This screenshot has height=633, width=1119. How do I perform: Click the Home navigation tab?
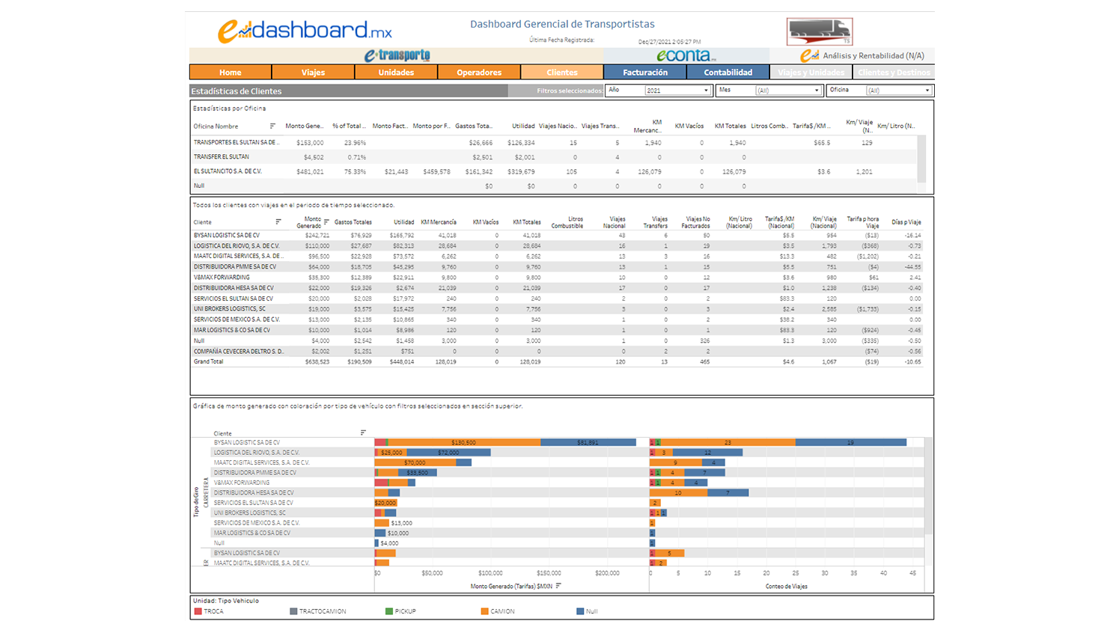pos(230,73)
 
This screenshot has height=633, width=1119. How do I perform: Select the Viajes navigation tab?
pos(313,73)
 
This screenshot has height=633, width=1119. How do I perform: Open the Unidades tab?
pos(396,73)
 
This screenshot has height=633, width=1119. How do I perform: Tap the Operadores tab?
pos(479,73)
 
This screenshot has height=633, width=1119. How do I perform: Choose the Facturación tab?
pos(644,73)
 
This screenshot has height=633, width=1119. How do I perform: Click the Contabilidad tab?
pos(728,73)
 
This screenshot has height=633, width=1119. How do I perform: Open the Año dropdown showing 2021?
pos(677,91)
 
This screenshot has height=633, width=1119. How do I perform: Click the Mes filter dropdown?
pos(787,91)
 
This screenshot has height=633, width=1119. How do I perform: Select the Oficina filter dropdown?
pos(898,91)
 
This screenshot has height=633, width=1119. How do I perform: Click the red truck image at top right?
pos(820,31)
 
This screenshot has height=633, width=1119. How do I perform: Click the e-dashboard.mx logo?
pos(305,31)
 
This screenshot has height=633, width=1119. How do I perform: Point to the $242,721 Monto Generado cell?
pos(317,236)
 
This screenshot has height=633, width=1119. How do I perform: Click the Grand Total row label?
pos(208,362)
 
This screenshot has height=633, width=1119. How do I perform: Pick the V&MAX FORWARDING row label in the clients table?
pos(222,278)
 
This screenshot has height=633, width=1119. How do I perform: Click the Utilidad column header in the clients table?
pos(403,222)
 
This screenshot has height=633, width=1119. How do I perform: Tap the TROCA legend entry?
pos(213,611)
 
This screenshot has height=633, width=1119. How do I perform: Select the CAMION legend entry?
pos(502,611)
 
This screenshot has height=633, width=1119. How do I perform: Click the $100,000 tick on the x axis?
pos(490,573)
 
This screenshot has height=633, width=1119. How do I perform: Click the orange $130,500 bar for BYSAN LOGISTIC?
pos(464,443)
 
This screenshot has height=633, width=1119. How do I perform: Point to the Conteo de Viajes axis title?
pos(786,587)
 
